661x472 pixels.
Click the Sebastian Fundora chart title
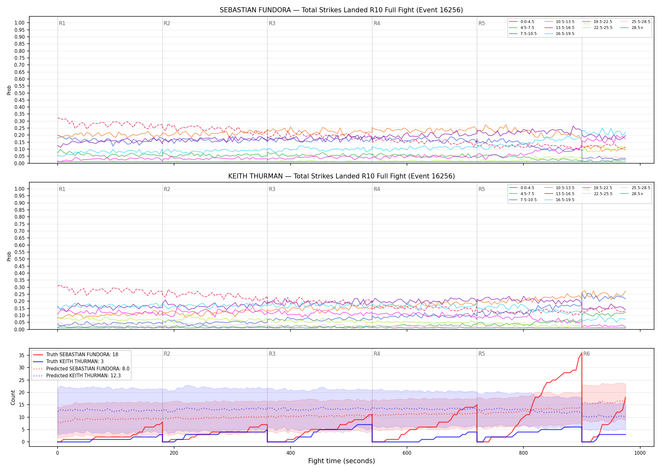click(x=341, y=10)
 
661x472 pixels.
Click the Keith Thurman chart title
click(x=342, y=176)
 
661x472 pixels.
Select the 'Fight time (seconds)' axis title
click(x=342, y=461)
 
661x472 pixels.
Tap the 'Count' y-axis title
click(x=13, y=397)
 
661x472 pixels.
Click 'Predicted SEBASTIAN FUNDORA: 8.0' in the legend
click(x=82, y=368)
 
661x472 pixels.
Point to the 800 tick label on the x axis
click(x=523, y=453)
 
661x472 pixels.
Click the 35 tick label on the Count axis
click(x=21, y=355)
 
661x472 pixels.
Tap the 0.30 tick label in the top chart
click(x=20, y=121)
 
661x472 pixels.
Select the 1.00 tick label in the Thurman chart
click(x=20, y=189)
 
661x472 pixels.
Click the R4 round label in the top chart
click(x=377, y=23)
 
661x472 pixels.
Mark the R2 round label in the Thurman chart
click(x=167, y=189)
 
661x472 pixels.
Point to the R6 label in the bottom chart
click(x=586, y=354)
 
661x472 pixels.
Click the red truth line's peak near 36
click(x=582, y=353)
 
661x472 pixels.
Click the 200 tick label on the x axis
click(x=174, y=453)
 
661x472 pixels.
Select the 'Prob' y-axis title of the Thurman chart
click(x=9, y=256)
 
